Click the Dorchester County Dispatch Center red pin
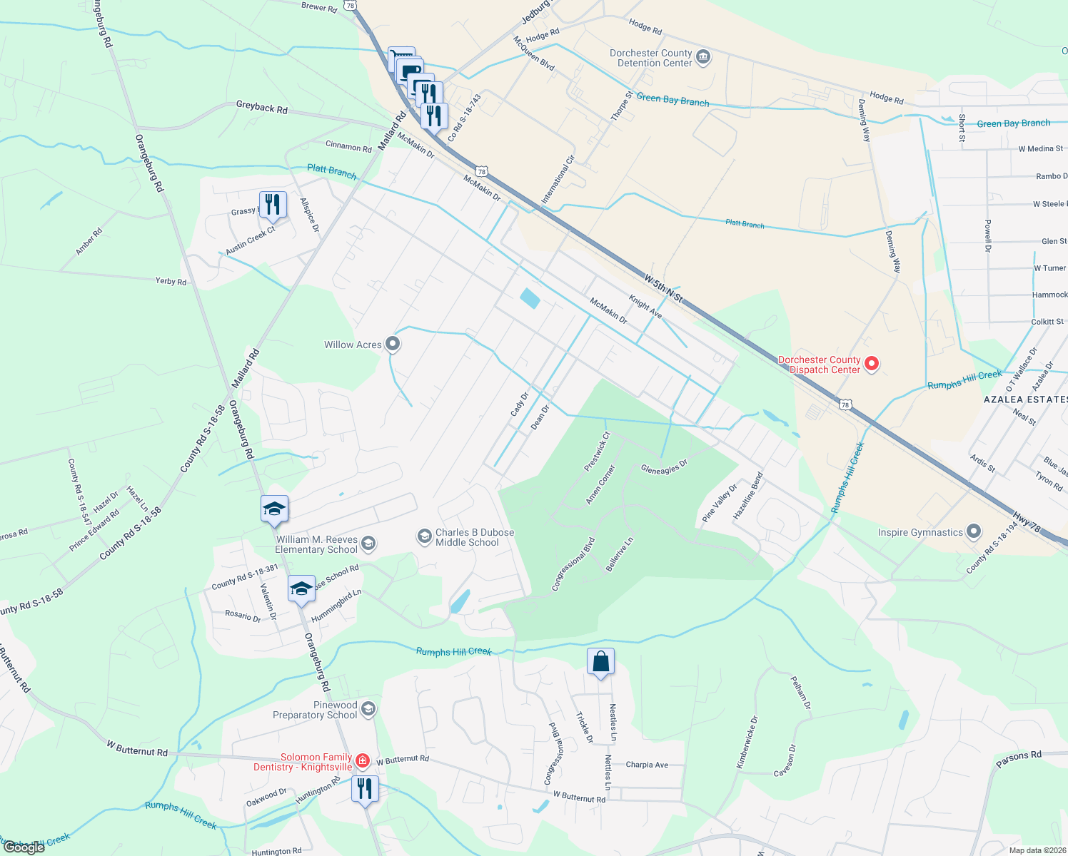871,365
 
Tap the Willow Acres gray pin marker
392,345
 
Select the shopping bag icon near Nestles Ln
600,662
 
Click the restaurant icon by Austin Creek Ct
273,205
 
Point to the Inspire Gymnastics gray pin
973,532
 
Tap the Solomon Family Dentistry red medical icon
363,761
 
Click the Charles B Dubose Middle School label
474,537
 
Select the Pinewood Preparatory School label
315,710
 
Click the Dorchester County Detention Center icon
702,57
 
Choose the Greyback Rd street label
261,107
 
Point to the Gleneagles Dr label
664,467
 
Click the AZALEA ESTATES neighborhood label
1024,399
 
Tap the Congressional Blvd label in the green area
573,564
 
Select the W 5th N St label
663,289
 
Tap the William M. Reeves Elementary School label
316,544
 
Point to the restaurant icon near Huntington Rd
365,789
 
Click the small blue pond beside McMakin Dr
530,298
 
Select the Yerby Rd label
171,281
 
